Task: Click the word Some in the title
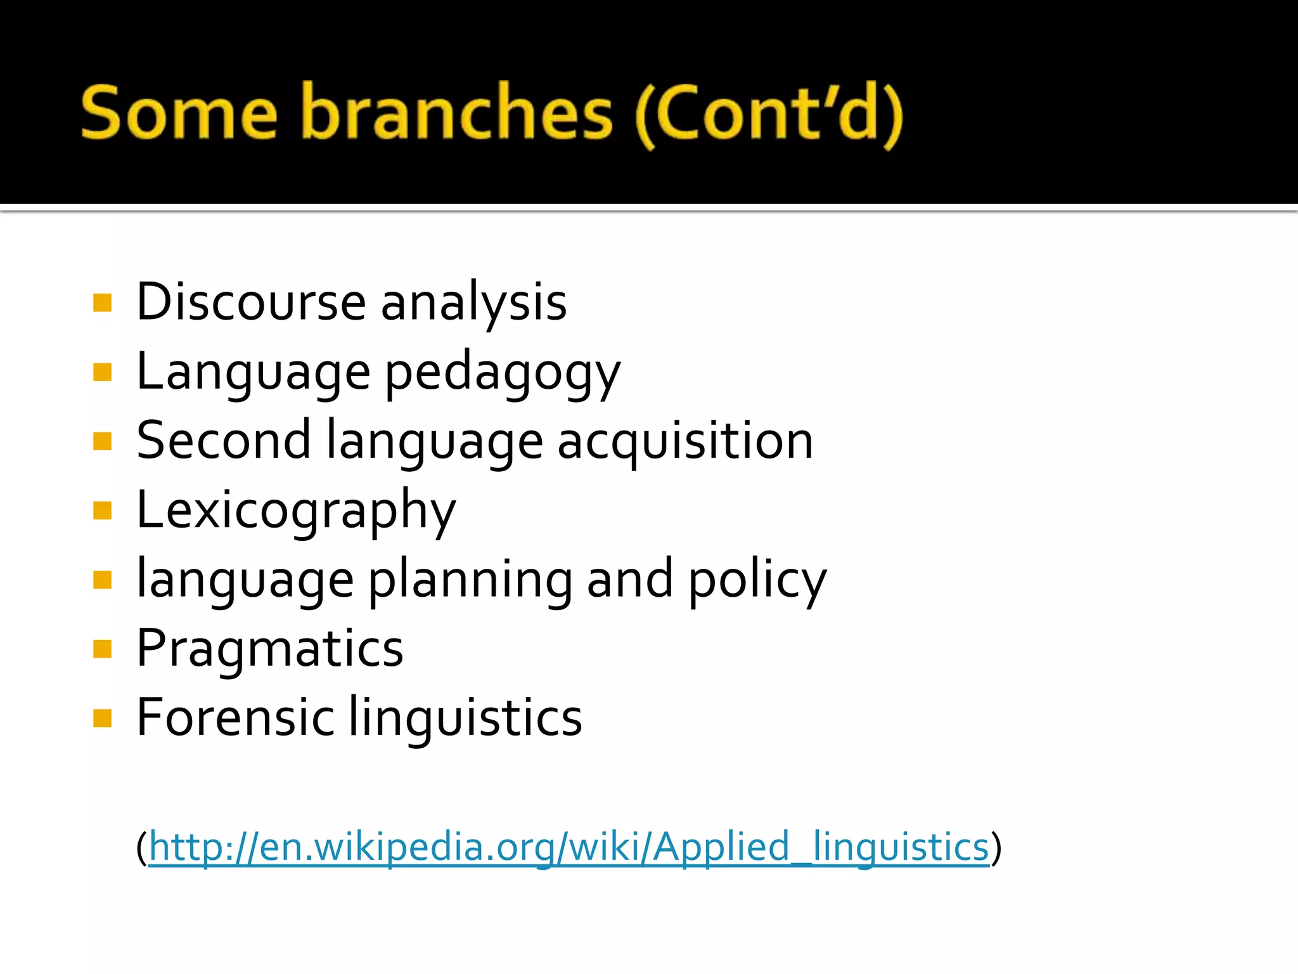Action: click(x=179, y=113)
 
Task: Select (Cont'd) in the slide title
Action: click(x=769, y=114)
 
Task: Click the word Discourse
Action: click(x=251, y=302)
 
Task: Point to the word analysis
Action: click(x=473, y=303)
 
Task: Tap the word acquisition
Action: click(x=685, y=441)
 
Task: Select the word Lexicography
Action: click(x=296, y=511)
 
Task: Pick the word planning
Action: click(x=470, y=580)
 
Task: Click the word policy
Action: click(x=757, y=580)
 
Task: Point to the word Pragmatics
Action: click(x=270, y=649)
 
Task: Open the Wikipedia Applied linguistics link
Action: click(x=569, y=847)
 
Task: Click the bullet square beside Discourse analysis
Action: click(x=102, y=303)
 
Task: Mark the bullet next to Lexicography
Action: click(x=102, y=510)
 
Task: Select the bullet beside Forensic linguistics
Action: click(x=102, y=718)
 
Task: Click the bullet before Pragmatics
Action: click(x=102, y=649)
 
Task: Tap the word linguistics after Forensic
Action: click(x=465, y=718)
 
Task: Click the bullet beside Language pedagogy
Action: click(x=102, y=372)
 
